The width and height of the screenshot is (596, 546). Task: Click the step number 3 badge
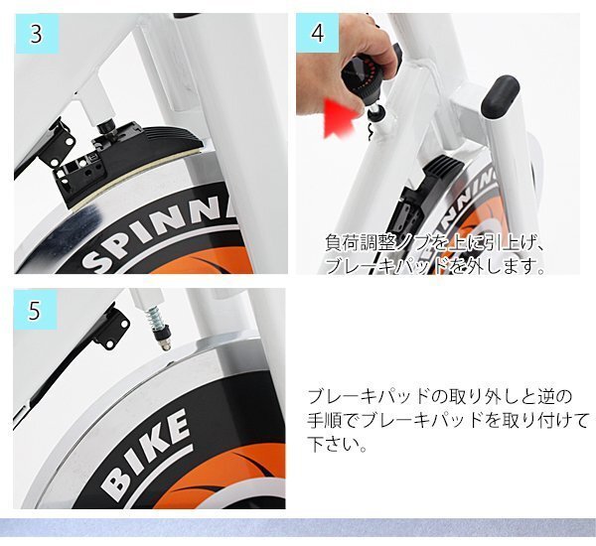click(37, 34)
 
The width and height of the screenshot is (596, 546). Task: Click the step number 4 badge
click(318, 34)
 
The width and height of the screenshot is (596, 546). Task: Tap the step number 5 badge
click(35, 310)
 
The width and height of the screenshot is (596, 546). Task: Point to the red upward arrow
click(340, 118)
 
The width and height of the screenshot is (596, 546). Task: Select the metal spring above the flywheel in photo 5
click(157, 316)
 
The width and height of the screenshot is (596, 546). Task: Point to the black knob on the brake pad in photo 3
click(107, 127)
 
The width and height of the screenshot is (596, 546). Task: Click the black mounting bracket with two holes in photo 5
click(112, 329)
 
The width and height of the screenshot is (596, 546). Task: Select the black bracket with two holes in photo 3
click(58, 144)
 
